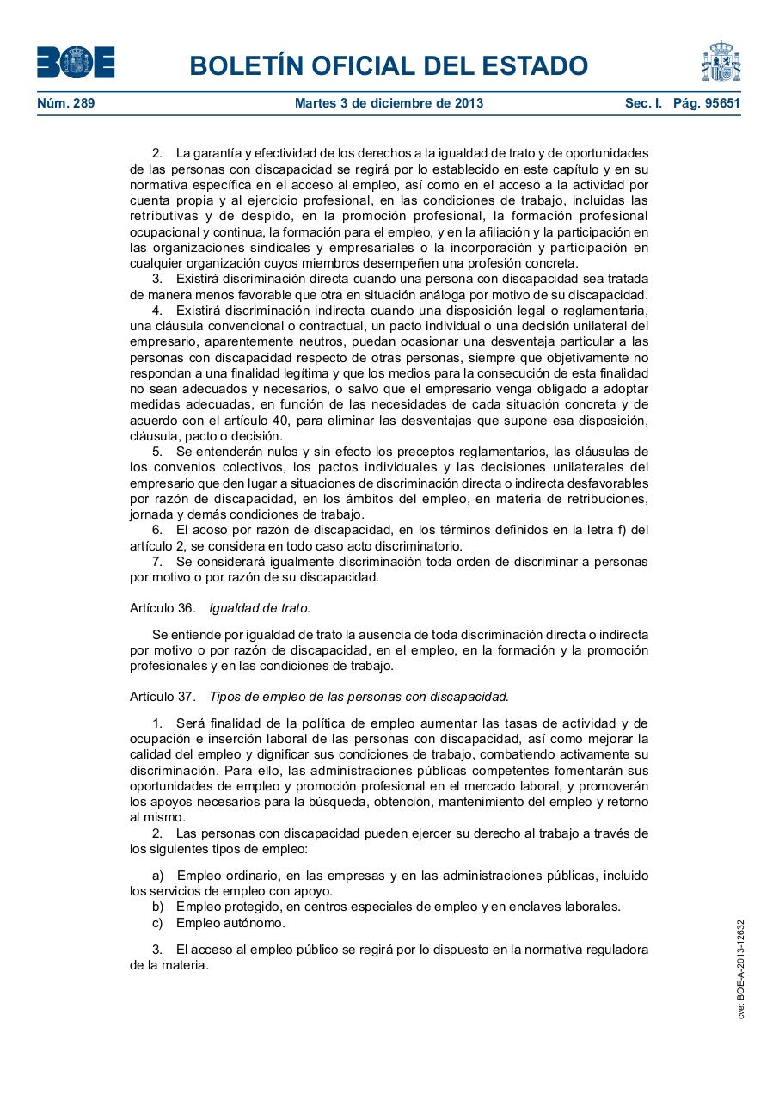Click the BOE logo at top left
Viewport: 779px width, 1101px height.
(x=76, y=63)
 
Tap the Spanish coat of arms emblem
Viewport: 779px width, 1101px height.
(x=721, y=62)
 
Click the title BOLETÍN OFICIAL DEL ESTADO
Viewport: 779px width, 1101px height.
(x=389, y=65)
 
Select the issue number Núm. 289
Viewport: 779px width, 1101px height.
(x=66, y=103)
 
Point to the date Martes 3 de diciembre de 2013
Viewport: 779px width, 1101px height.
(x=389, y=103)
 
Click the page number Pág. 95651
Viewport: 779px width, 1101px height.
(x=707, y=103)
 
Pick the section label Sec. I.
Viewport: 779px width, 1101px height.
(x=643, y=103)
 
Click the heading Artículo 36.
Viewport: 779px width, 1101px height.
(x=163, y=607)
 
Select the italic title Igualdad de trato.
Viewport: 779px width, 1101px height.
(x=260, y=607)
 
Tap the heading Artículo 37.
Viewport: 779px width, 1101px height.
(x=163, y=697)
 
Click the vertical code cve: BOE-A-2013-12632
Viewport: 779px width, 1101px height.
(x=740, y=969)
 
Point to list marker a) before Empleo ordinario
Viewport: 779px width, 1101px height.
(x=157, y=876)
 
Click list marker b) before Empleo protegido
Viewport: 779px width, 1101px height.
(x=157, y=907)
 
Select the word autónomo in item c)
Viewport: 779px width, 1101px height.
(x=257, y=923)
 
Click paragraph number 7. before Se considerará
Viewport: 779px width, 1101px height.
(x=157, y=562)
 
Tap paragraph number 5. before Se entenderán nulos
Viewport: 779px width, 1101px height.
(x=157, y=452)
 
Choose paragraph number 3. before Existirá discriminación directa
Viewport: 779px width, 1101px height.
(x=157, y=279)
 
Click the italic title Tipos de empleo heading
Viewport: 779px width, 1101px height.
(x=359, y=697)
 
